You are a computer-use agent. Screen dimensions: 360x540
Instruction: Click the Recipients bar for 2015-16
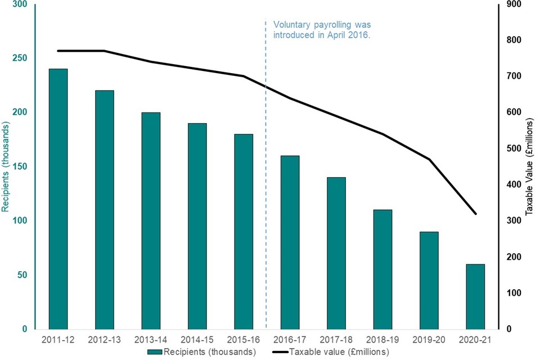(244, 231)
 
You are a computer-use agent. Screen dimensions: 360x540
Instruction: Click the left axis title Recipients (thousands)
(6, 168)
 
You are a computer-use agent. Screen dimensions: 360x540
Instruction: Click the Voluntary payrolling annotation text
(322, 30)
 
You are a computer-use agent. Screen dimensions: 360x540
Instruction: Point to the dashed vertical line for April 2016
(265, 169)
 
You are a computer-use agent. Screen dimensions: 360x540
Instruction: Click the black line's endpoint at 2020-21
(475, 214)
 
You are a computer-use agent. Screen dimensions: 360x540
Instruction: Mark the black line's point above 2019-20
(429, 159)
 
